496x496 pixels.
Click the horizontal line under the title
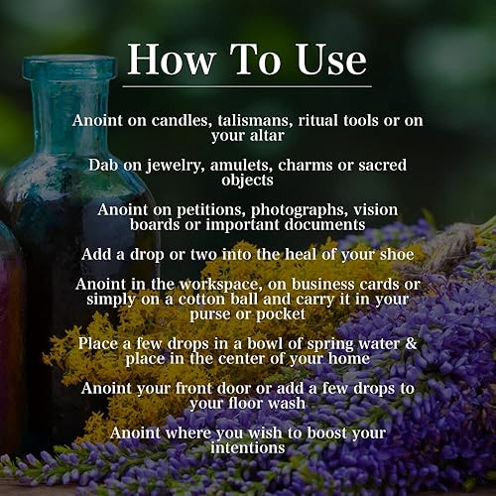click(248, 87)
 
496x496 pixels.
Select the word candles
click(187, 120)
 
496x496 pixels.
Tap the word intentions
click(248, 447)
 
